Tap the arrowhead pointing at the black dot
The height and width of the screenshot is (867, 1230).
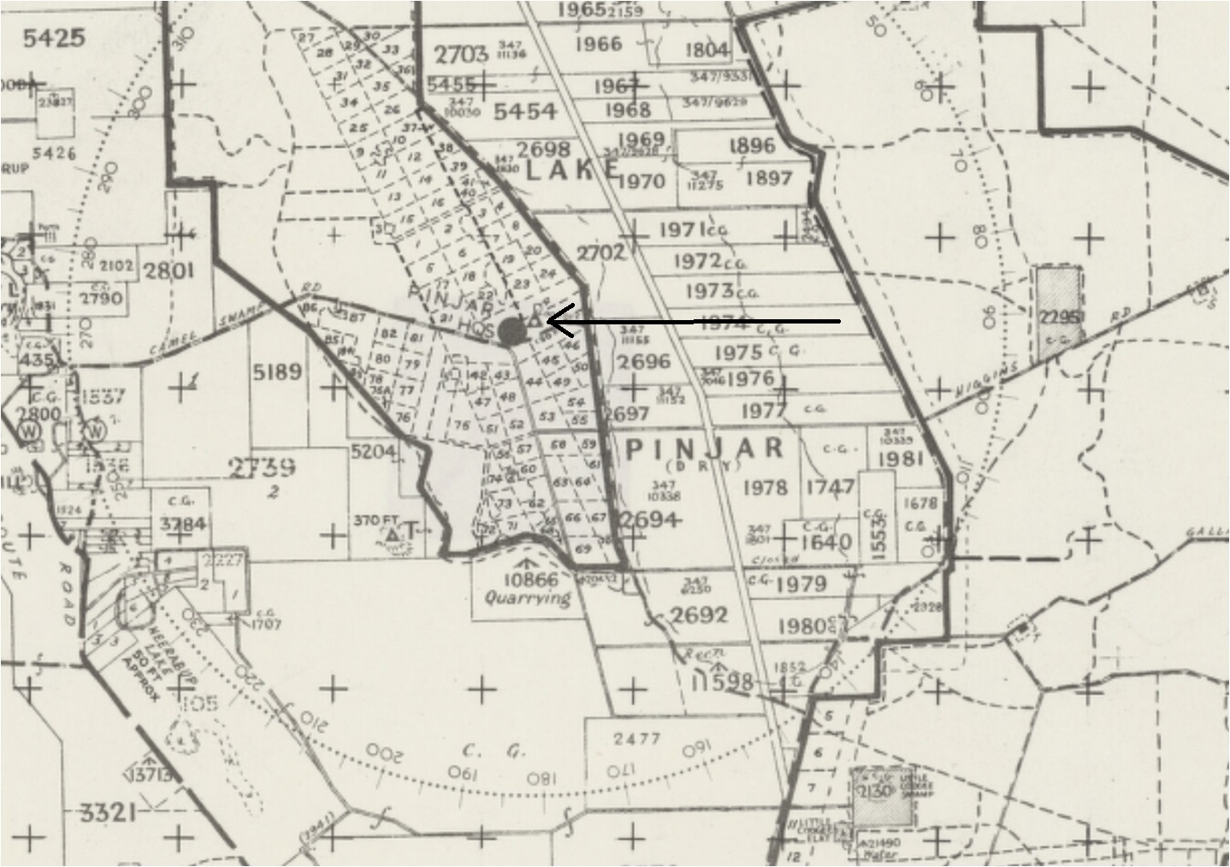(552, 323)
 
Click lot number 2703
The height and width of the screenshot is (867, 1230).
(460, 55)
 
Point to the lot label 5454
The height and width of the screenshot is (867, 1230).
(525, 111)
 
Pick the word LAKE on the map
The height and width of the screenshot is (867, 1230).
(571, 170)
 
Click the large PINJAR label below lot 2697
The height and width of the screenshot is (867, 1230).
(706, 448)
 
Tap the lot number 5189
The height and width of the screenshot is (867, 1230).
(277, 372)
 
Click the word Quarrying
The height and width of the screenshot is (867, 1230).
(527, 598)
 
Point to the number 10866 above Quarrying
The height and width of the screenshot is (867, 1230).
(529, 580)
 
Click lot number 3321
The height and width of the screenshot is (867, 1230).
(107, 811)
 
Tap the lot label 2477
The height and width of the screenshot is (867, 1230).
(637, 739)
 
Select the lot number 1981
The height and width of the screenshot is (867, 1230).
(899, 459)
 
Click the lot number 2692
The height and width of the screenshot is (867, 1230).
(699, 615)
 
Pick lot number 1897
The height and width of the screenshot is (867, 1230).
(768, 178)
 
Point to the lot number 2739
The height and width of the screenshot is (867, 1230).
(262, 467)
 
